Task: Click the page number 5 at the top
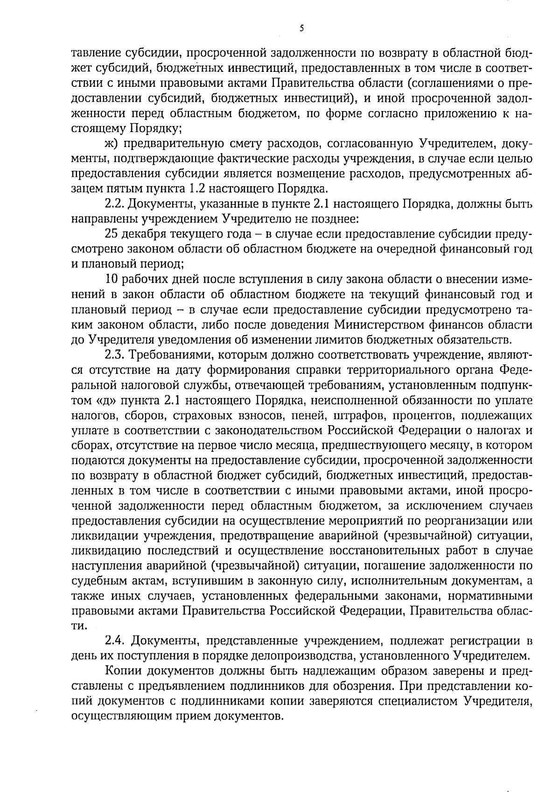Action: click(x=301, y=28)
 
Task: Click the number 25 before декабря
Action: click(x=112, y=234)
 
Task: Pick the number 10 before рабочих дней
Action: click(x=111, y=279)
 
